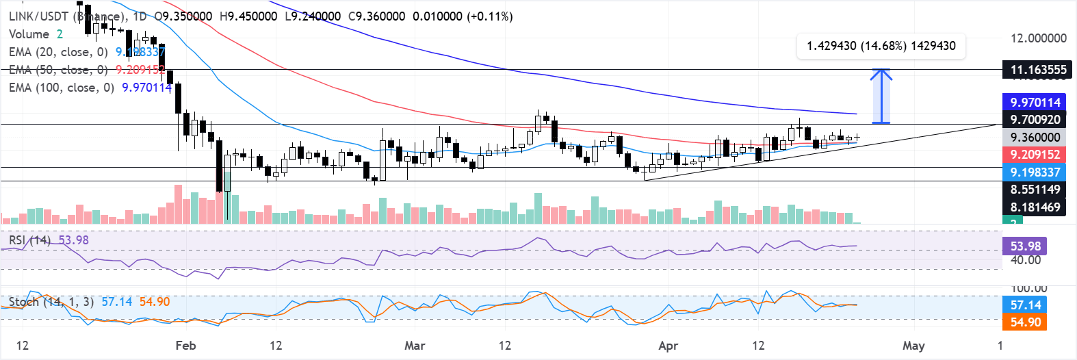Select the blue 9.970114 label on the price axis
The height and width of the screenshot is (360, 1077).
[1035, 102]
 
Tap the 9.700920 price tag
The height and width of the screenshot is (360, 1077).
[1035, 120]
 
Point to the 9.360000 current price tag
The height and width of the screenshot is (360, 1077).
[1035, 138]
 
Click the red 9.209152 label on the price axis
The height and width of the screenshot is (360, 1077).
[1035, 155]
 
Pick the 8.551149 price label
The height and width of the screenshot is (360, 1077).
[1035, 190]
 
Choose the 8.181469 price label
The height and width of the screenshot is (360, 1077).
[1035, 207]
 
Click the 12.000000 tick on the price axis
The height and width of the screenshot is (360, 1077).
[1038, 38]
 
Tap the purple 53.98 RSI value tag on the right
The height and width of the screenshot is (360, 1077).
[1025, 246]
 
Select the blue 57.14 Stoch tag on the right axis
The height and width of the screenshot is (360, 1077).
[1025, 305]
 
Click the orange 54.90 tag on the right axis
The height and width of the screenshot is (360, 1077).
[1025, 322]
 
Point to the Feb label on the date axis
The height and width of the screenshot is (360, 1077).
[185, 345]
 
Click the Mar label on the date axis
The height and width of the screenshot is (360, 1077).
[415, 345]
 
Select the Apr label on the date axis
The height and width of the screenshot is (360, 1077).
[668, 345]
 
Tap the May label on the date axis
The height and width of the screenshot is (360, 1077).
[913, 345]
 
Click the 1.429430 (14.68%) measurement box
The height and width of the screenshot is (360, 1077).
[881, 46]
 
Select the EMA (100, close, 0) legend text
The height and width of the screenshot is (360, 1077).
[61, 88]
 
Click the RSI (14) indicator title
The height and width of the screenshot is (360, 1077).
[29, 240]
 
